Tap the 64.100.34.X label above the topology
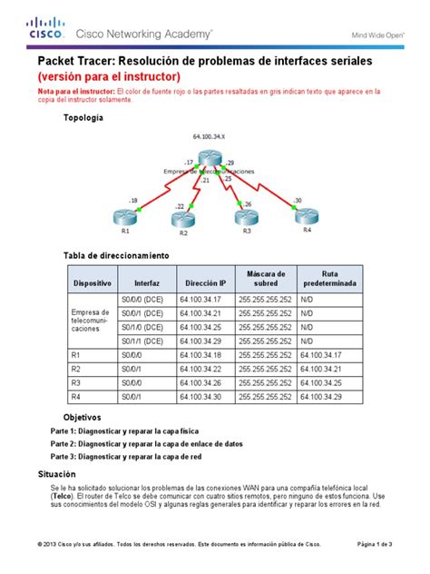click(x=210, y=137)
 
